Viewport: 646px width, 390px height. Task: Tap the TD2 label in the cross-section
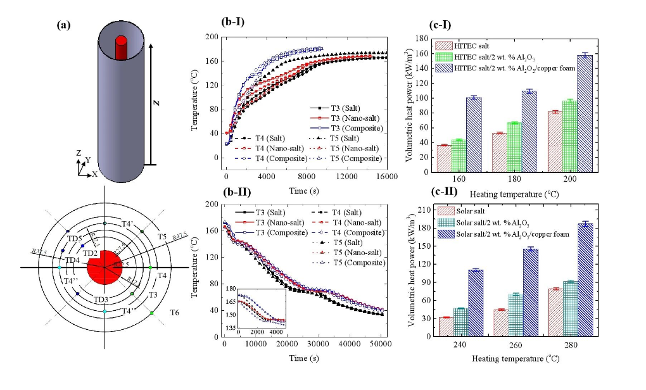pyautogui.click(x=91, y=253)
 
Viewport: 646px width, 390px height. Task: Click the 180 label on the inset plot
pyautogui.click(x=231, y=288)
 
